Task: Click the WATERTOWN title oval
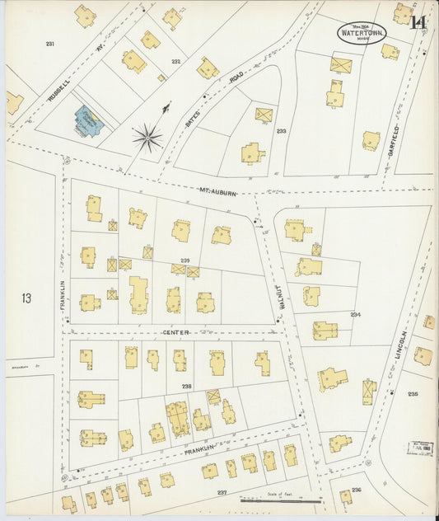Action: [x=360, y=33]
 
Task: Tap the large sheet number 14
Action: [x=419, y=22]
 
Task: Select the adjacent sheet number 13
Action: [x=26, y=298]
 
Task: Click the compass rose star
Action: [x=147, y=138]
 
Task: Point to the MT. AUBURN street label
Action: [x=217, y=192]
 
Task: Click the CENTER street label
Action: [x=175, y=332]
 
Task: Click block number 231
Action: [x=50, y=44]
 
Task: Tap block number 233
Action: [x=281, y=131]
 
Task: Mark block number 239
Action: [x=185, y=260]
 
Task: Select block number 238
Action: [x=187, y=386]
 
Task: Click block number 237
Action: [x=221, y=491]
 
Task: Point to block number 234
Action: [x=355, y=315]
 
